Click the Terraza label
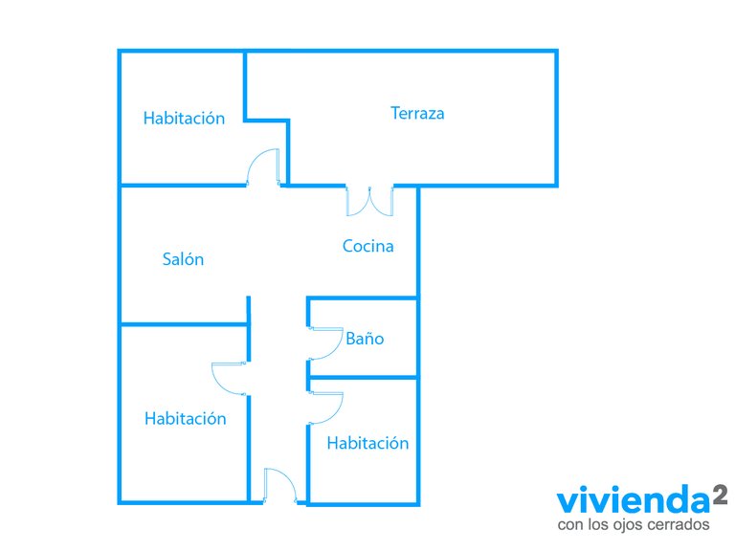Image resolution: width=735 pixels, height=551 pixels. click(x=417, y=114)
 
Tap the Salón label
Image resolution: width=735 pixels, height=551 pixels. click(x=183, y=259)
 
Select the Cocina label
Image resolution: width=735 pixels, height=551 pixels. click(x=367, y=246)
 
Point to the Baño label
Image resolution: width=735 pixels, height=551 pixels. click(x=365, y=339)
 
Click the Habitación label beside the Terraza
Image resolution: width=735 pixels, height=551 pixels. click(x=184, y=118)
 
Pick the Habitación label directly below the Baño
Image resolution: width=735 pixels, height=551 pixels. click(x=367, y=443)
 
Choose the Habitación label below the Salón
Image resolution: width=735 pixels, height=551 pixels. click(x=185, y=418)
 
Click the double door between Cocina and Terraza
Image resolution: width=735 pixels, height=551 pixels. click(x=369, y=202)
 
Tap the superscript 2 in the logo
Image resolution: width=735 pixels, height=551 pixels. click(x=721, y=495)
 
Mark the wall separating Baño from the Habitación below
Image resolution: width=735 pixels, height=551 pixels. click(x=363, y=377)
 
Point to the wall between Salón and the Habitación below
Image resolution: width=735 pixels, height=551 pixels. click(x=184, y=323)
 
